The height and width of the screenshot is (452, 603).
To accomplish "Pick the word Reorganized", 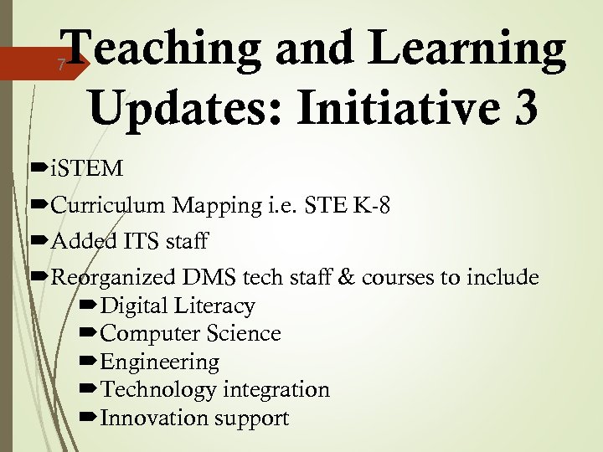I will coord(114,278).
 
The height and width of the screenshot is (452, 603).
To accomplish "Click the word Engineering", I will coord(159,362).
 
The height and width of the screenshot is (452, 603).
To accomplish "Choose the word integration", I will coord(276,390).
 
